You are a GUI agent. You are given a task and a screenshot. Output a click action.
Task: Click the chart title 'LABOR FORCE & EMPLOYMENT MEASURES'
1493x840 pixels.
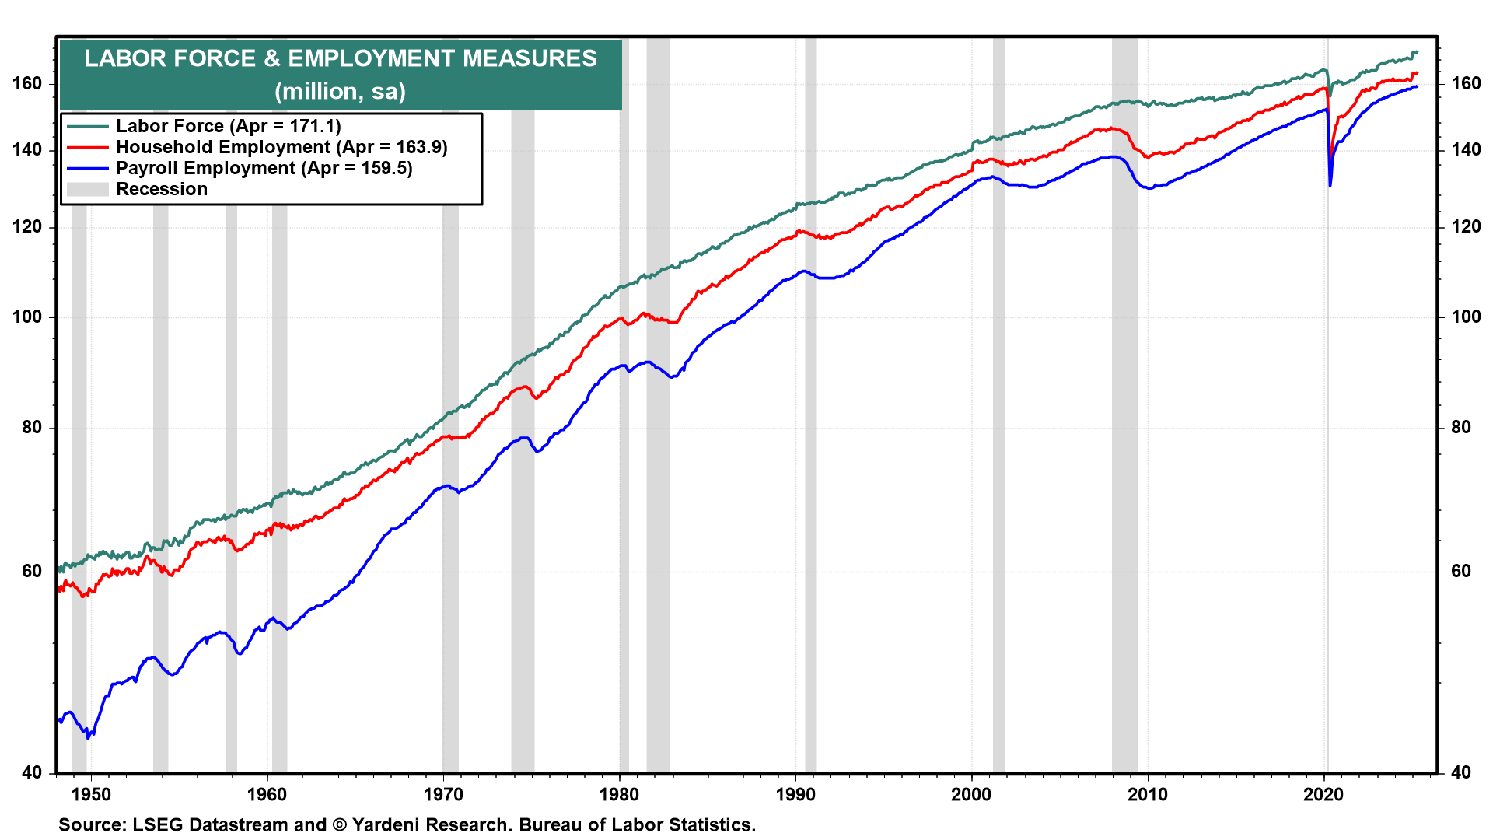click(x=341, y=58)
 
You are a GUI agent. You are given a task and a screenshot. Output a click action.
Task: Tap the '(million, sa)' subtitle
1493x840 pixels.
click(x=341, y=92)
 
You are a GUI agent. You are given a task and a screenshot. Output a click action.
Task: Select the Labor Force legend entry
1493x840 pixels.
click(x=228, y=126)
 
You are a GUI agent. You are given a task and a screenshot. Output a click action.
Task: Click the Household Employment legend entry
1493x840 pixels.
click(x=281, y=147)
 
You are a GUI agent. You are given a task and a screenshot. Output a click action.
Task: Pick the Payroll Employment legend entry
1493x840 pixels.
click(x=264, y=168)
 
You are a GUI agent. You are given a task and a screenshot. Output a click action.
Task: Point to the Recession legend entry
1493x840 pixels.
click(x=162, y=189)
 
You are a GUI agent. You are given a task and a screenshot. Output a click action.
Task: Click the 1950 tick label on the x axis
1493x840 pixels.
click(x=91, y=794)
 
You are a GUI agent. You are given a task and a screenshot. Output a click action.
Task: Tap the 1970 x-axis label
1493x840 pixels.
click(x=443, y=794)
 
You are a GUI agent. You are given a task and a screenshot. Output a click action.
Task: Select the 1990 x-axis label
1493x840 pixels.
click(x=795, y=794)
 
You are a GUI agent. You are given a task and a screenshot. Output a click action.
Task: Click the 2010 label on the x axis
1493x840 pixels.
click(x=1148, y=794)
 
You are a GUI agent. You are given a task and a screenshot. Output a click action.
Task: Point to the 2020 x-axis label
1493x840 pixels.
click(x=1323, y=794)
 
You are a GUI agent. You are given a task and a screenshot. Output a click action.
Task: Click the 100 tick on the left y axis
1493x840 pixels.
click(x=27, y=317)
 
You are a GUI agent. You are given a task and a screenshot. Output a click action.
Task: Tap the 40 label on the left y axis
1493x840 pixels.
click(x=33, y=772)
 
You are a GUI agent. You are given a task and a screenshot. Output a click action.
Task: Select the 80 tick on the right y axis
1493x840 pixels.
click(x=1461, y=427)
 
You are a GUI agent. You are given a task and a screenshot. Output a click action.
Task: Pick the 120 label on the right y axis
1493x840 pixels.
click(x=1466, y=226)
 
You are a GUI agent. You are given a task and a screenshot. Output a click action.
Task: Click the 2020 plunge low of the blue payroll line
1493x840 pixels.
click(x=1330, y=185)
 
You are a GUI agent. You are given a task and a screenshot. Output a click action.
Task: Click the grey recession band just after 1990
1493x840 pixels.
click(x=810, y=467)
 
